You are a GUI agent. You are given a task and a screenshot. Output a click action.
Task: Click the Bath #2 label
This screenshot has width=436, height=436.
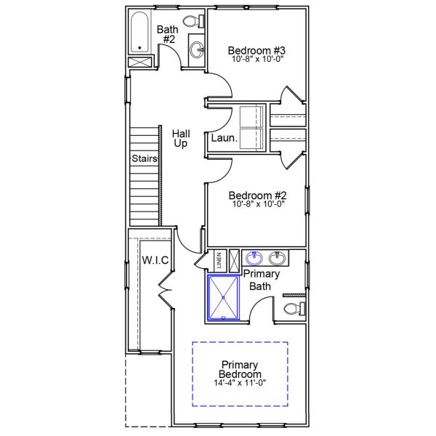coord(168,34)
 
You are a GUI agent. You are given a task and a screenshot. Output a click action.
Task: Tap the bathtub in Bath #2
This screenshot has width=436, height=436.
coord(140,33)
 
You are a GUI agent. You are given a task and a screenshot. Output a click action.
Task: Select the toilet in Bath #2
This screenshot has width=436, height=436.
coord(194,21)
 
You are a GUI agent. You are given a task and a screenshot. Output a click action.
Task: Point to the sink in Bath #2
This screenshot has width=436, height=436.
coord(195,49)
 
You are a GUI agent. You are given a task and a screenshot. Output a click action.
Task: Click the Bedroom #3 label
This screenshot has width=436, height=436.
coord(257,50)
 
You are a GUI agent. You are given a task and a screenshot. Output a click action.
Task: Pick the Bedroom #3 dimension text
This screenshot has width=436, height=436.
coord(257,60)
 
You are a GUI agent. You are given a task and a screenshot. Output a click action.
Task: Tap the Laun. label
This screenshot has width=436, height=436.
coord(222,137)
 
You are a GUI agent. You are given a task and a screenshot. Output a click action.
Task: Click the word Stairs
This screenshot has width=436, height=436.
coord(145,158)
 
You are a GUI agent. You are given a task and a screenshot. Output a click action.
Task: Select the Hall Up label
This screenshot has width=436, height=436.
coord(181,138)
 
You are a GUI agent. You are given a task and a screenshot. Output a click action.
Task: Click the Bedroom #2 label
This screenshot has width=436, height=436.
coord(257,195)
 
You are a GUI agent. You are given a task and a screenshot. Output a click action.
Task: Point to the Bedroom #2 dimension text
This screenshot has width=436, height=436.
coord(257,204)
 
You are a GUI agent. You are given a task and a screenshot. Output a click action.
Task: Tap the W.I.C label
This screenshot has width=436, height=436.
coord(156,259)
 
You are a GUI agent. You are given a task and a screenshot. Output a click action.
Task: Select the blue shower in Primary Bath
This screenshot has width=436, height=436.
coord(224,297)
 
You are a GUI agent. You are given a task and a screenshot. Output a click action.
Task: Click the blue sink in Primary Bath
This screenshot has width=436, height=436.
coord(254,258)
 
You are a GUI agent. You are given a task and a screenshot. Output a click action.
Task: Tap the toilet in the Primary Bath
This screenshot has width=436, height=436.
coord(291,310)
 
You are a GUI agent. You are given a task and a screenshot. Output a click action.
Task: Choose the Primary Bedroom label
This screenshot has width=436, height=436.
coord(241,369)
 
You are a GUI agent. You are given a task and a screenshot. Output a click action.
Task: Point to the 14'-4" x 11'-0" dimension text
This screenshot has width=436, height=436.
coord(241,383)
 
